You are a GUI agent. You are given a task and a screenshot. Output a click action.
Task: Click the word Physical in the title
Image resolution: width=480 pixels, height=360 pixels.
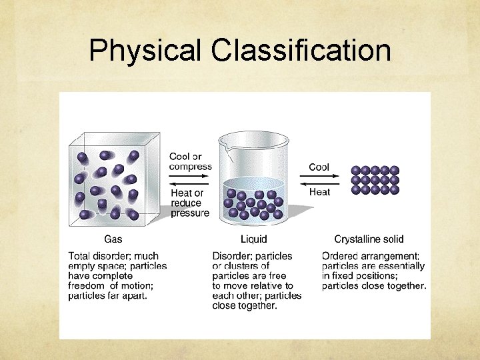pos(145,50)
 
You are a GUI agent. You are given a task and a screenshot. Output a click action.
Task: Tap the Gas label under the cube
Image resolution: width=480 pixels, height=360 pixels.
pos(113,239)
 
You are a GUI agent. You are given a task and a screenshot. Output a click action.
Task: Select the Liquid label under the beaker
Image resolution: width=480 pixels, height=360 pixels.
pos(253,239)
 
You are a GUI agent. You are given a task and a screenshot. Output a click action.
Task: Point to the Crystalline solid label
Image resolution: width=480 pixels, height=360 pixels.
pos(369,239)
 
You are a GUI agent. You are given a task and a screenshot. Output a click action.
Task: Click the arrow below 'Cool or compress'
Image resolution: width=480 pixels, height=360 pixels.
pos(189,177)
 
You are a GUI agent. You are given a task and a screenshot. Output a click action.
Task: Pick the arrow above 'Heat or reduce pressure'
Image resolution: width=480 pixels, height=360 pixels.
pos(189,184)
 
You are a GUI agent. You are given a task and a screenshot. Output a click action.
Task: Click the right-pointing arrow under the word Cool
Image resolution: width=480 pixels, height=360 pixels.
pos(319,177)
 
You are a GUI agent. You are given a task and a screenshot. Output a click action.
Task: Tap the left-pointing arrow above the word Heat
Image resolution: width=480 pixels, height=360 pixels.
pos(319,183)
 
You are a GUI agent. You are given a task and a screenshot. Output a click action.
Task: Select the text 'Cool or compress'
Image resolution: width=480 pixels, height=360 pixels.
pos(190,162)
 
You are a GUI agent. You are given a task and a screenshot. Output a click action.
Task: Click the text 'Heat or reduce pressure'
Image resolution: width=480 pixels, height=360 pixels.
pos(189,203)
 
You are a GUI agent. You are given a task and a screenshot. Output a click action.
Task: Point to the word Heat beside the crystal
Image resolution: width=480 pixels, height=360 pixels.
pos(319,192)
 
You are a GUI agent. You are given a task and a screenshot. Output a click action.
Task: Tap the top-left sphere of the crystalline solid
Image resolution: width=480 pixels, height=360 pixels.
pos(355,171)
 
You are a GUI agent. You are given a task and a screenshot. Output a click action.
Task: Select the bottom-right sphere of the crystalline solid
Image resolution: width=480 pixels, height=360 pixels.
pos(395,189)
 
